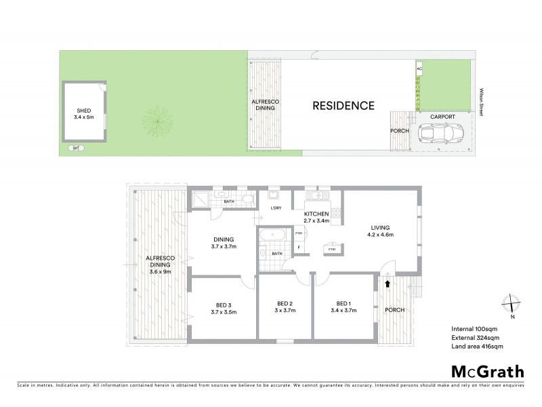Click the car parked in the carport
[436, 134]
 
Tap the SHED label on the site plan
[83, 111]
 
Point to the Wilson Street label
[480, 102]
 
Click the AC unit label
[419, 69]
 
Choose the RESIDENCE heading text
[343, 106]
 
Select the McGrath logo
[487, 371]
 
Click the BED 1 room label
[343, 303]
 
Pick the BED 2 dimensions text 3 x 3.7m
[285, 310]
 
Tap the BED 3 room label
[223, 303]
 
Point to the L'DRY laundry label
[276, 208]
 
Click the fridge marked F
[298, 248]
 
